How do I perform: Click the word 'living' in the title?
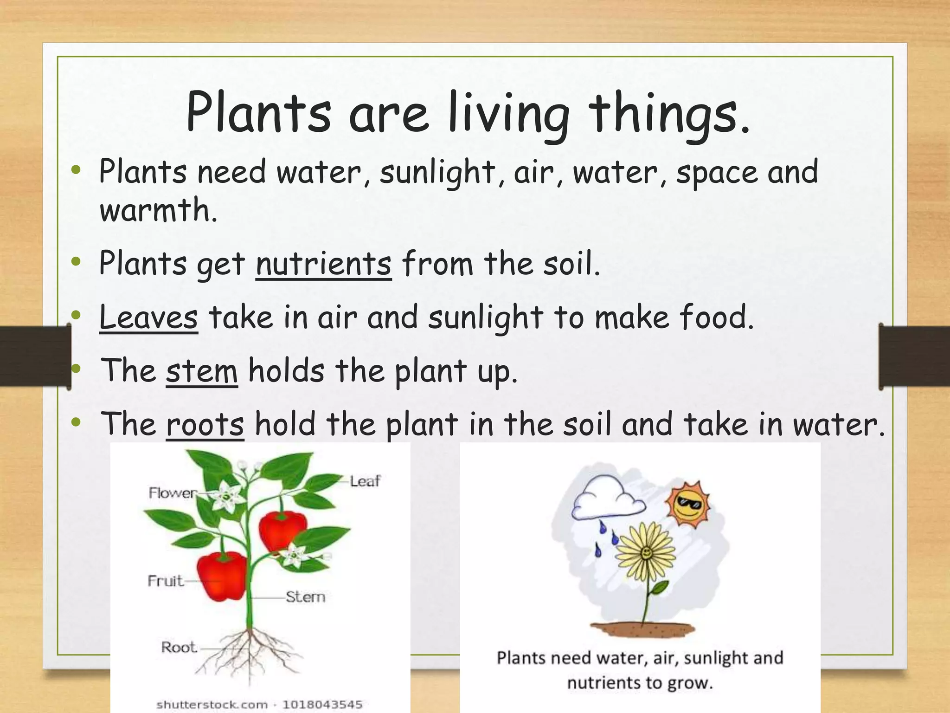tap(509, 114)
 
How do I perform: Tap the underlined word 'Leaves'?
tap(148, 318)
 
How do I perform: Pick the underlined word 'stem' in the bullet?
tap(202, 371)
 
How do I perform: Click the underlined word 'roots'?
tap(205, 424)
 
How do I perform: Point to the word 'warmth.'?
tap(158, 210)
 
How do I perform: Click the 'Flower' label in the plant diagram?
tap(172, 493)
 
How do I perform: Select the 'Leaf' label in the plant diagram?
tap(365, 481)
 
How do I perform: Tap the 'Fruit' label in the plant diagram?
tap(165, 581)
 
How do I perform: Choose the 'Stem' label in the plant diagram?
tap(305, 596)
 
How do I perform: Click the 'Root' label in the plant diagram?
tap(179, 647)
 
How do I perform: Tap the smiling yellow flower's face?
tap(646, 553)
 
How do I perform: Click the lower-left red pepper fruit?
tap(221, 576)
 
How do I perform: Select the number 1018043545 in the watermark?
tap(322, 705)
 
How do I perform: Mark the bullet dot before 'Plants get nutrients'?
tap(77, 262)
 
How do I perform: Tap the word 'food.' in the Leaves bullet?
tap(717, 318)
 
